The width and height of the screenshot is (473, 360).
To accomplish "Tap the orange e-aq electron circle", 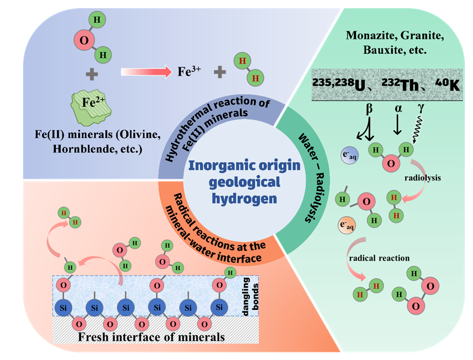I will (x=348, y=226).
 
